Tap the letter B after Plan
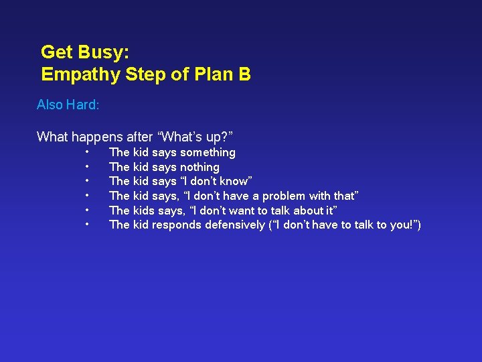coord(244,74)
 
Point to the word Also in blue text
coord(50,105)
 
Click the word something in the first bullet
coord(208,153)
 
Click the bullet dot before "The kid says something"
coord(87,152)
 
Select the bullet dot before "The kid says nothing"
coord(87,167)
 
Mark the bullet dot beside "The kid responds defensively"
coord(87,225)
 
